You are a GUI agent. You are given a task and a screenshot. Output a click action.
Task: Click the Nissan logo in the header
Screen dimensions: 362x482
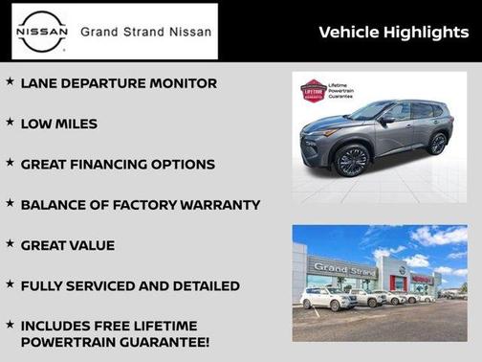coord(40,32)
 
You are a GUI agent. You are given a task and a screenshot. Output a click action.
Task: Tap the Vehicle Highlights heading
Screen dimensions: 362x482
coord(392,32)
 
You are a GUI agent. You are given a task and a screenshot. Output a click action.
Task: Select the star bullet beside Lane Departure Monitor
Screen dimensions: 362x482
coord(10,82)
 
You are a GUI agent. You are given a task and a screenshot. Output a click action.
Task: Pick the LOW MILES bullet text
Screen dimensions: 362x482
coord(58,124)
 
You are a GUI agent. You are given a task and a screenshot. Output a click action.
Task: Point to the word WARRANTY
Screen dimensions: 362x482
coord(215,205)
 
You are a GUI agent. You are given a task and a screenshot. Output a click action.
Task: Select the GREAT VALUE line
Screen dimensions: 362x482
coord(67,245)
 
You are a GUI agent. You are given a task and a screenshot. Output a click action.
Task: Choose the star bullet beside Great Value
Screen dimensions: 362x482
coord(10,244)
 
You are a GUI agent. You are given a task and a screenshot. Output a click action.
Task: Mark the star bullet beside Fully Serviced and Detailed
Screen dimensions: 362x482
coord(10,284)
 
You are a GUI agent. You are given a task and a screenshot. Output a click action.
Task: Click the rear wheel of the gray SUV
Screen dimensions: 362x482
coord(437,144)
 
